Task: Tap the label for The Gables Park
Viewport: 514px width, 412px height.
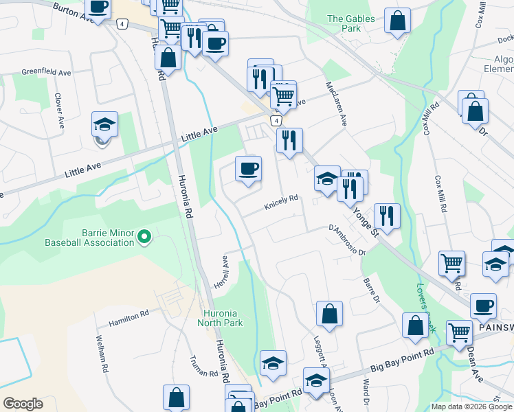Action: pos(343,23)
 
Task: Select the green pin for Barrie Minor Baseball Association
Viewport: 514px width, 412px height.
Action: pos(144,238)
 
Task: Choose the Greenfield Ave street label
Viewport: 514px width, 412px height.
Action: pos(46,72)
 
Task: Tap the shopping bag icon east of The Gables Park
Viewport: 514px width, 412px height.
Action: pos(397,22)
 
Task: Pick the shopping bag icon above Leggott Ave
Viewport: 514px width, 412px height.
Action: pos(330,314)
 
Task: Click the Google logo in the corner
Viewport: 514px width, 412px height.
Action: pos(23,404)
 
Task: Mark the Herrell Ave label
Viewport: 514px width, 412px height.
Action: pos(222,273)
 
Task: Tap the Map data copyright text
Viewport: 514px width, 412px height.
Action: pos(472,407)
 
